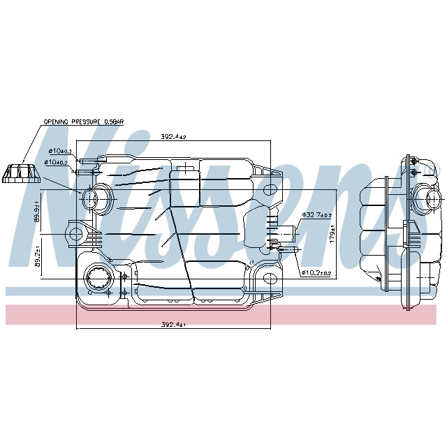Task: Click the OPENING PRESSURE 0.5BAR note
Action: [83, 122]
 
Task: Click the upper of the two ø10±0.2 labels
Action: [61, 151]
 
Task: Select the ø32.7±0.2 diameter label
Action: [315, 215]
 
